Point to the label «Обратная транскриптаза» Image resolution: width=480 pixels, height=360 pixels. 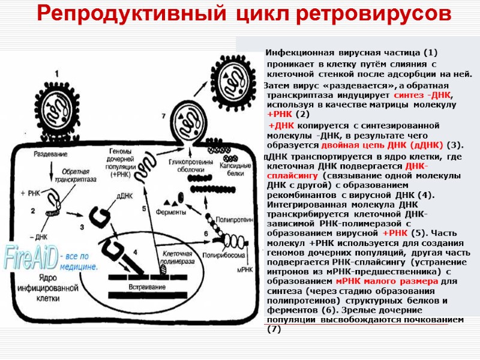click(74, 170)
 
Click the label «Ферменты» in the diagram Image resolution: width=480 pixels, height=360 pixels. click(170, 212)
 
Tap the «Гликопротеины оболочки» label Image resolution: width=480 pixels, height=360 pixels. click(189, 166)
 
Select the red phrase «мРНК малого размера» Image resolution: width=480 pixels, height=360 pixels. click(389, 281)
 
